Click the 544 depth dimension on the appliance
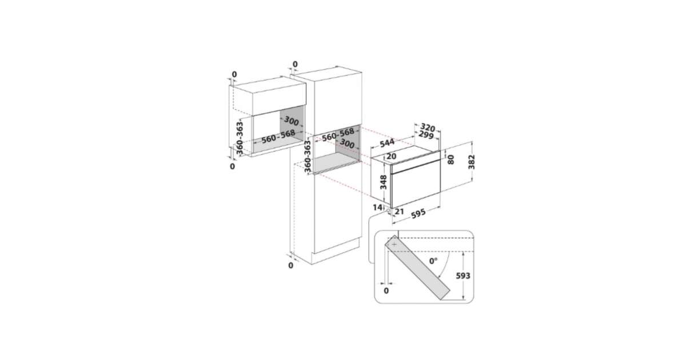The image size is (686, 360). (387, 143)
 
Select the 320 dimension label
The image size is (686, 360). (428, 127)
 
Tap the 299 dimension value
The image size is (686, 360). (426, 135)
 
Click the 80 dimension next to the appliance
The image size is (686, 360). (450, 159)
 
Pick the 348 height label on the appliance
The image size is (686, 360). (383, 182)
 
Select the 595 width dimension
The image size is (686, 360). (418, 214)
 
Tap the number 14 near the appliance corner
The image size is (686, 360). (377, 207)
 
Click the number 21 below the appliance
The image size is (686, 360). (400, 211)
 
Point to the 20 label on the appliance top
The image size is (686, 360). (392, 157)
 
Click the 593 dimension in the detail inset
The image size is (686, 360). (463, 276)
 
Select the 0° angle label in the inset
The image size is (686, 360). (433, 261)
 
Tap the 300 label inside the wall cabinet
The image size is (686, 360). (291, 121)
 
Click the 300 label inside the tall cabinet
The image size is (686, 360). (348, 143)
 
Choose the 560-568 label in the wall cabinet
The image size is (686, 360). (278, 137)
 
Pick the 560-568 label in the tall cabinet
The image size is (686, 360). (338, 134)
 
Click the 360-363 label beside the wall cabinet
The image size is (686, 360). (239, 138)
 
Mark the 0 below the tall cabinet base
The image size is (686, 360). (290, 265)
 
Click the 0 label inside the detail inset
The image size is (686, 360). (386, 290)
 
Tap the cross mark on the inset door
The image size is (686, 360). (394, 245)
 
